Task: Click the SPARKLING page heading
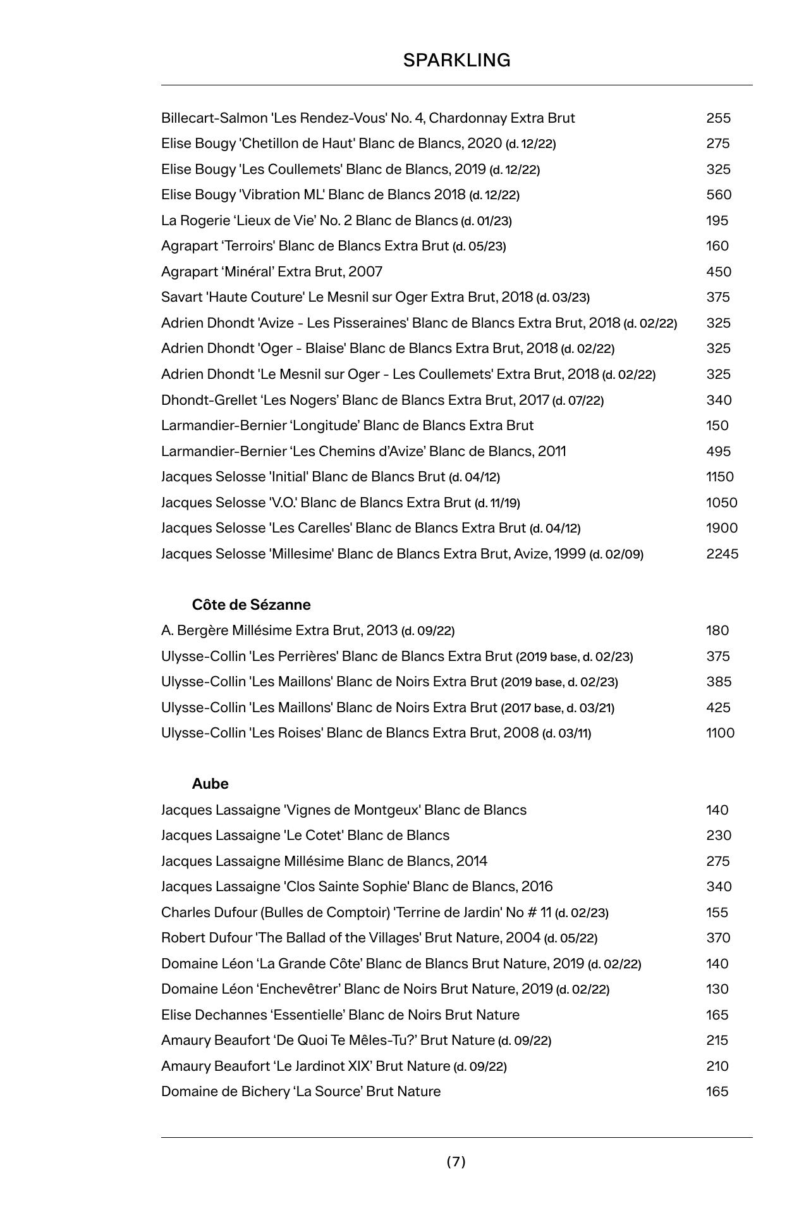click(x=456, y=61)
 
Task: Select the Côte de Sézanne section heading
click(x=251, y=605)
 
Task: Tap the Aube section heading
click(x=210, y=784)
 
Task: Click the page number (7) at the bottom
click(x=456, y=1161)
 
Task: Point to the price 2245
click(x=722, y=554)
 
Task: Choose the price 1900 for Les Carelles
click(x=721, y=528)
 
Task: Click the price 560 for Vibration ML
click(x=719, y=195)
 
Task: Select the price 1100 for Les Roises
click(x=720, y=733)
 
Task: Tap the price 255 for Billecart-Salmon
click(x=718, y=118)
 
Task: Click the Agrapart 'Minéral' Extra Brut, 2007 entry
click(x=272, y=272)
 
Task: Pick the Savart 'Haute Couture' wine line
click(x=375, y=297)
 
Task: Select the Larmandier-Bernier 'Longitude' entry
click(x=347, y=426)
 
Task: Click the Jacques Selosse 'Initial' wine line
click(x=330, y=477)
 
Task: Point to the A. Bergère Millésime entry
click(x=307, y=631)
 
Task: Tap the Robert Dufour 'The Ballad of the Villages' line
click(x=379, y=938)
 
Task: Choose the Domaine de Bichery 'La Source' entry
click(x=301, y=1092)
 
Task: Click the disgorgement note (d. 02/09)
click(x=616, y=555)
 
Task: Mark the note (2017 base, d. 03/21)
click(x=558, y=708)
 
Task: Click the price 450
click(x=718, y=272)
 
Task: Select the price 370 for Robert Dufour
click(x=718, y=938)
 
